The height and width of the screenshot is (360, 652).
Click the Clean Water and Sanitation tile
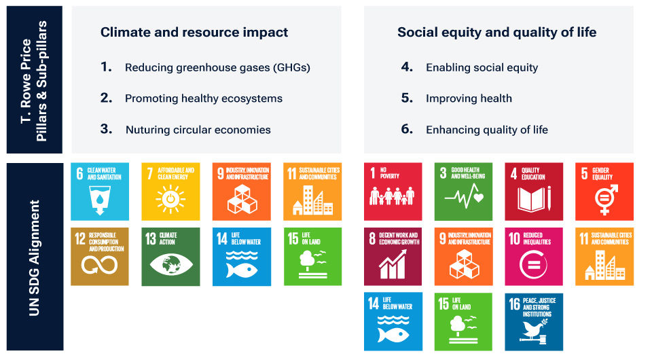(x=100, y=191)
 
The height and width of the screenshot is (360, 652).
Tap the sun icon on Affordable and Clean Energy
(x=170, y=200)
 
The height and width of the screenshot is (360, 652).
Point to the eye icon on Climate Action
(x=170, y=265)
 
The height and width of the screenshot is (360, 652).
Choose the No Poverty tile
(x=393, y=191)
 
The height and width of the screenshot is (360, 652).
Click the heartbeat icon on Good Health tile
(x=463, y=198)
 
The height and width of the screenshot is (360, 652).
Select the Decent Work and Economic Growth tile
(x=393, y=256)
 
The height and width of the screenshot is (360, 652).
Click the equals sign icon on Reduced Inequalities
(x=533, y=264)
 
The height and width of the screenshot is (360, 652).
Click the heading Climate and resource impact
(x=194, y=32)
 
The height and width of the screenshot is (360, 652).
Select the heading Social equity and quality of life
(x=497, y=32)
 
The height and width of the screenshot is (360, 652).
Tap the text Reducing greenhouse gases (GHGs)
(x=217, y=67)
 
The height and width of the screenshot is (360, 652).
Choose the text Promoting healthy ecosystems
(x=203, y=98)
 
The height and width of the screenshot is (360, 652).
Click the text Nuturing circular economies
(x=198, y=130)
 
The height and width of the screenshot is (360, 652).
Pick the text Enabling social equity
(x=482, y=67)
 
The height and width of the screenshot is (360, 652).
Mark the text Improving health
(x=469, y=98)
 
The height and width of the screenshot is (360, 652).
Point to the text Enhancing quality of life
(x=486, y=130)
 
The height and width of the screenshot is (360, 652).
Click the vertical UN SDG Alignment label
(x=34, y=257)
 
